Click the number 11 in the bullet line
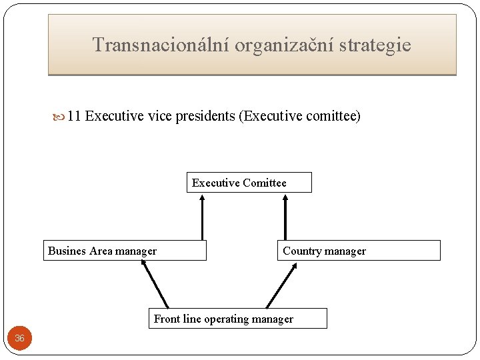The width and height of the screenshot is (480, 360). (74, 117)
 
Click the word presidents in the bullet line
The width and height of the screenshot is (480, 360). (205, 117)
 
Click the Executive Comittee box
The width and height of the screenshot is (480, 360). (249, 183)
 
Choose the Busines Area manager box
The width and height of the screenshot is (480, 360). (125, 251)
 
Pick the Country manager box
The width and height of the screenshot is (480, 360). (359, 251)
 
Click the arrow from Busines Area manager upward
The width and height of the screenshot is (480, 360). (202, 217)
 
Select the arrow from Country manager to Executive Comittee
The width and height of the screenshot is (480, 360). (285, 217)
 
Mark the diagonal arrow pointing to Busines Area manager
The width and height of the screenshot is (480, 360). (155, 284)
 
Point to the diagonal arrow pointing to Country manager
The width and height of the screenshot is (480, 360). (281, 285)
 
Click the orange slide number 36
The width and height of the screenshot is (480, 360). (19, 338)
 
